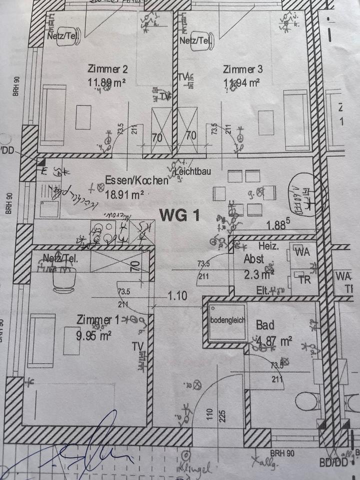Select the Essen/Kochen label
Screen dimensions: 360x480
pyautogui.click(x=136, y=180)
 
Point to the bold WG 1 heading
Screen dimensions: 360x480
pyautogui.click(x=179, y=215)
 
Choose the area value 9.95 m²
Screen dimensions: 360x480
pyautogui.click(x=93, y=335)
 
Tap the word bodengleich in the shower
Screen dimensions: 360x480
pyautogui.click(x=228, y=320)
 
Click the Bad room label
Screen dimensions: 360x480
pyautogui.click(x=265, y=325)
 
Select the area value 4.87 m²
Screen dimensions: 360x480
pyautogui.click(x=273, y=341)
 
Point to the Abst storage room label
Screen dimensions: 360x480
pyautogui.click(x=253, y=259)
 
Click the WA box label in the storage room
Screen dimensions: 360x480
pyautogui.click(x=301, y=251)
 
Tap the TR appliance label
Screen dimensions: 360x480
pyautogui.click(x=304, y=280)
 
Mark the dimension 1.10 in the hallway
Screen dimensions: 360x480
pyautogui.click(x=177, y=295)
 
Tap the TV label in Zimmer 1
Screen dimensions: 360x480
pyautogui.click(x=138, y=346)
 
